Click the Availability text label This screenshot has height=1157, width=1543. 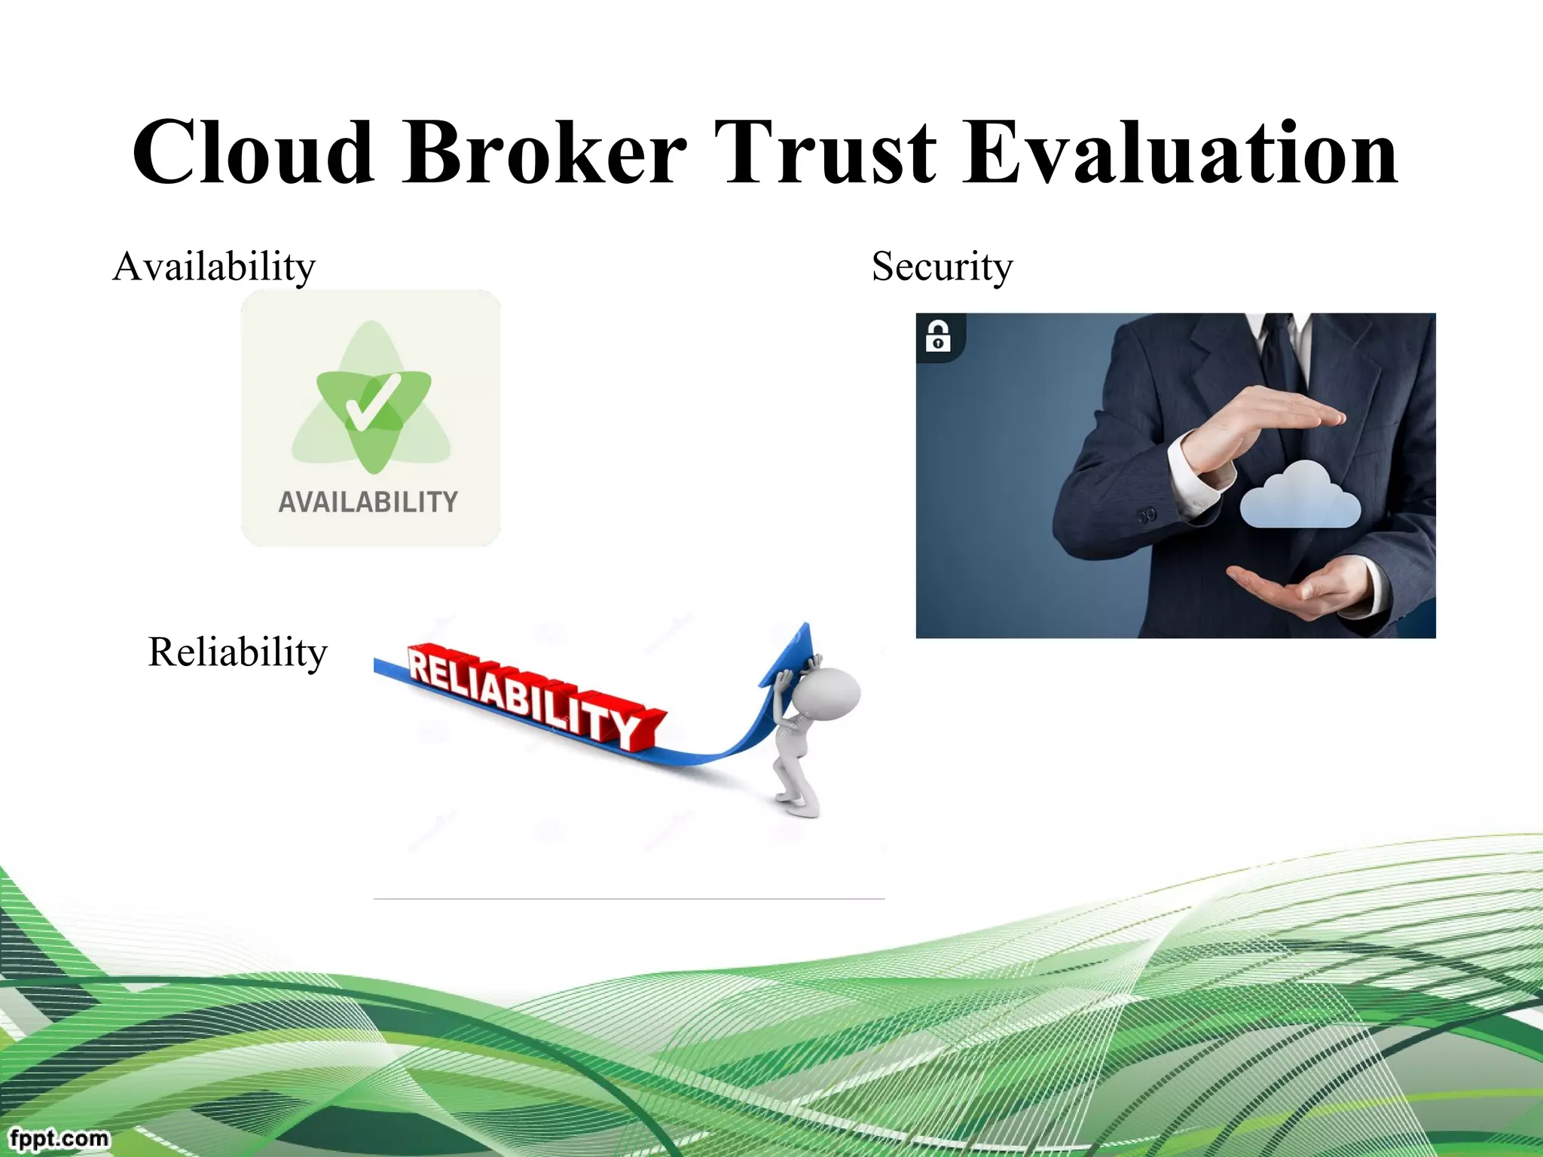(214, 267)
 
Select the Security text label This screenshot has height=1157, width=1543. (942, 267)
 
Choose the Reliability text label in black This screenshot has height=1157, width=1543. (237, 652)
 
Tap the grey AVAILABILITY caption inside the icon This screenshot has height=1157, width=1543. (368, 502)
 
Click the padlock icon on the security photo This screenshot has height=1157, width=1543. (938, 336)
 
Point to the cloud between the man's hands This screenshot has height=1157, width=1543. (1300, 496)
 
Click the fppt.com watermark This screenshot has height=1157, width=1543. (59, 1137)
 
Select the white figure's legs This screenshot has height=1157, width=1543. (795, 787)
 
